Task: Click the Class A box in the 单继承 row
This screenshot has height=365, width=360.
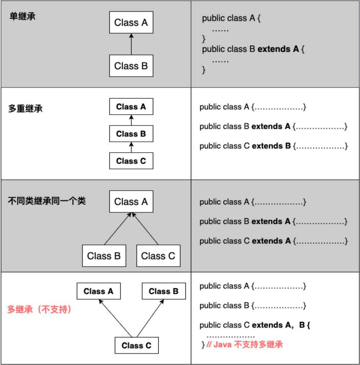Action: (131, 22)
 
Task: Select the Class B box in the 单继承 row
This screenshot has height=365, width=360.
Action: (131, 66)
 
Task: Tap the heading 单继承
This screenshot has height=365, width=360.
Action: (22, 17)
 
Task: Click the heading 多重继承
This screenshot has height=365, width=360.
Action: (25, 108)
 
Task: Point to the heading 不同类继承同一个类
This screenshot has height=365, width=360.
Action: (47, 201)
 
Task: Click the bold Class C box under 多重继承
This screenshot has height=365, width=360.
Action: (131, 161)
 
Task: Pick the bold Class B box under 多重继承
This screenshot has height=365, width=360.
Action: (131, 134)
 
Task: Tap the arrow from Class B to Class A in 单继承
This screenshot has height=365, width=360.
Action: (131, 44)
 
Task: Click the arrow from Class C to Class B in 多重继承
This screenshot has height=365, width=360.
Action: (131, 148)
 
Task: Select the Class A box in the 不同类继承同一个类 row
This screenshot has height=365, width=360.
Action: (131, 201)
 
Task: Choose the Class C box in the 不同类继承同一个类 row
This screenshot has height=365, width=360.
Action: (158, 256)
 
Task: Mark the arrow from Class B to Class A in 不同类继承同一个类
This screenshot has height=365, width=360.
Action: (117, 229)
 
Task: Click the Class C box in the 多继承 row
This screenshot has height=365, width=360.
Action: (137, 345)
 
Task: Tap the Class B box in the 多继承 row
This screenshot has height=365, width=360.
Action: (164, 291)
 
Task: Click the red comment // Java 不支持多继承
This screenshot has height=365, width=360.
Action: (244, 344)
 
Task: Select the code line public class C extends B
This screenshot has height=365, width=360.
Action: (273, 146)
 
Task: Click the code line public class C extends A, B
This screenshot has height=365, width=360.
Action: (255, 325)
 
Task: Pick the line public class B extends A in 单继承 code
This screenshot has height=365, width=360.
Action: (254, 49)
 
